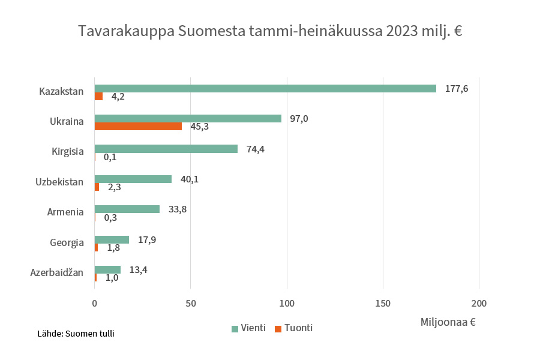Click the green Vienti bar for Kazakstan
coord(265,88)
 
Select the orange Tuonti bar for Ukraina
coord(138,126)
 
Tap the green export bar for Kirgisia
coord(166,149)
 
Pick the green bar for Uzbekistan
coord(133,179)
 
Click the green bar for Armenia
coord(127,209)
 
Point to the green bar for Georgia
coord(112,239)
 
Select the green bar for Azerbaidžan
coord(107,269)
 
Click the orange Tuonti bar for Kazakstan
coord(98,96)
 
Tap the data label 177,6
coord(457,88)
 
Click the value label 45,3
coord(199,127)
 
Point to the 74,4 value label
coord(255,149)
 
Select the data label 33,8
coord(178,209)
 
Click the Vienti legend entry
coord(248,328)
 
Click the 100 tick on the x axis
coord(287,303)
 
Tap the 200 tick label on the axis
coord(479,303)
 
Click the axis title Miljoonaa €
coord(448,322)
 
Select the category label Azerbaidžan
coord(56,273)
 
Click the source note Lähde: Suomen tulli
coord(76,334)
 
